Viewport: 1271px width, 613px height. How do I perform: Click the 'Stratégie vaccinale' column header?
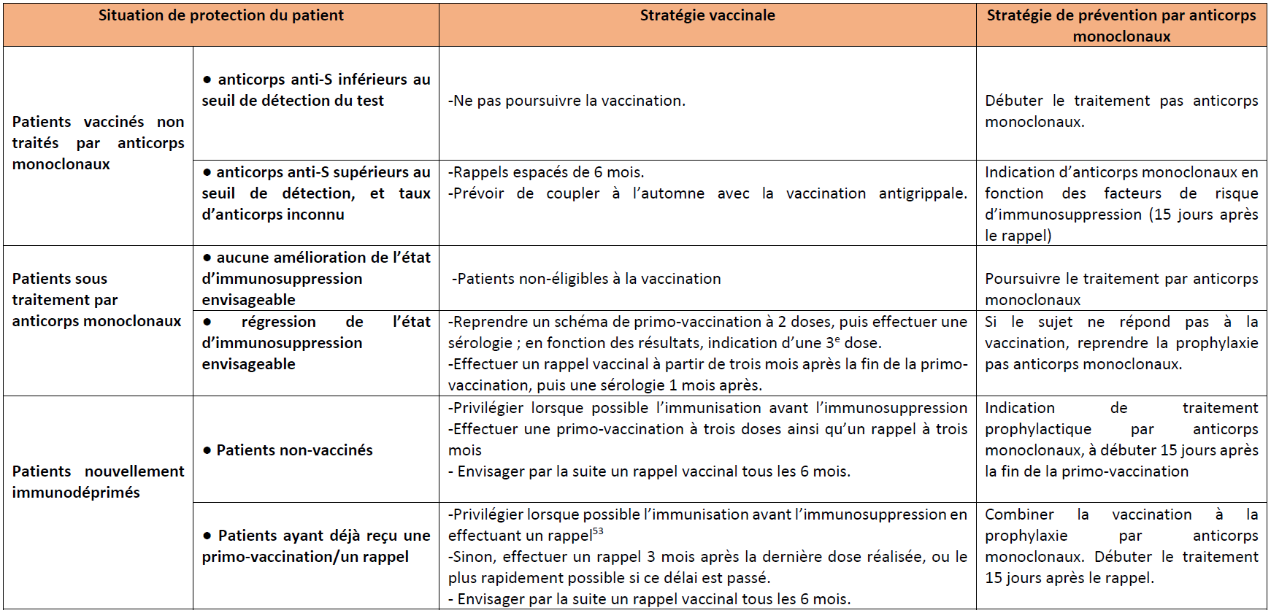click(x=707, y=16)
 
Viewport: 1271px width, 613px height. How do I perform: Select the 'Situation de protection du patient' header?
click(x=220, y=16)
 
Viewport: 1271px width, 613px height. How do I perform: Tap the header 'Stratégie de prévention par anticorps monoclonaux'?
click(x=1121, y=26)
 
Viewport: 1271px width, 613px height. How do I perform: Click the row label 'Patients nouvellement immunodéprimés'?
click(x=98, y=482)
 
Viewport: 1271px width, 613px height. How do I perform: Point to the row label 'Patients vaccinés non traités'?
click(x=98, y=142)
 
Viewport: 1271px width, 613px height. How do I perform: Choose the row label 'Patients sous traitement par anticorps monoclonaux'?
click(x=96, y=299)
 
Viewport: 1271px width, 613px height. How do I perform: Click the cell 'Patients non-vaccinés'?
click(x=294, y=450)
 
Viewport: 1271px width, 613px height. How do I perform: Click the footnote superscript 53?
click(x=598, y=531)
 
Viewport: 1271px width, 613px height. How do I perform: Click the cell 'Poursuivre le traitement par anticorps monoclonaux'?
click(x=1121, y=289)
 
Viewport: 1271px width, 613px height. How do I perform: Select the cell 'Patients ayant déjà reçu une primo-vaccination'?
click(x=315, y=546)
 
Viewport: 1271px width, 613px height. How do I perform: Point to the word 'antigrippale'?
click(x=922, y=193)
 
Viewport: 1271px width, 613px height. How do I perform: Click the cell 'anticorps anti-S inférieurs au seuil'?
click(x=315, y=90)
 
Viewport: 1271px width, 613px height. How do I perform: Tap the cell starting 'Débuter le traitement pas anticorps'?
click(x=1121, y=111)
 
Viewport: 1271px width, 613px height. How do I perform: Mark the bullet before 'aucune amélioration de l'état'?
click(x=207, y=258)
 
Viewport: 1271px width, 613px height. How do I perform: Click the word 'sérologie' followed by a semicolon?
click(x=481, y=343)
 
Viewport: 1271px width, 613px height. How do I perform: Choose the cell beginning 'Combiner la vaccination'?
click(x=1121, y=546)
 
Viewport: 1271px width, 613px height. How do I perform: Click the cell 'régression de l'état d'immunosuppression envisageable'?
click(x=315, y=343)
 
